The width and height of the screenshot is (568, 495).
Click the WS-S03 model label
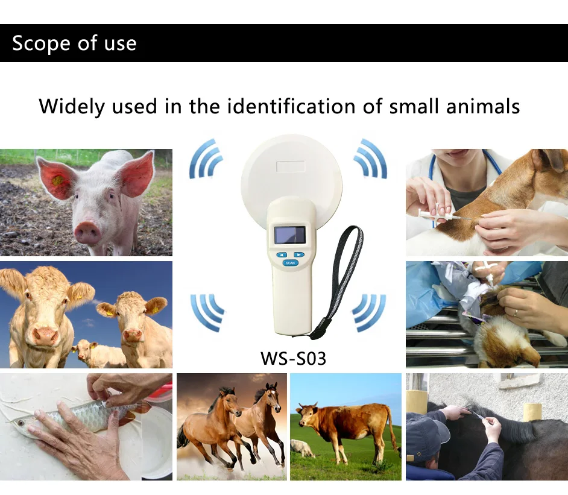[293, 358]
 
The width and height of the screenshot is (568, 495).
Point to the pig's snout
[87, 231]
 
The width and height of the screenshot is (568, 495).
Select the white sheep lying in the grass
[302, 447]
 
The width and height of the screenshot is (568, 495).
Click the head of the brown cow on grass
[308, 415]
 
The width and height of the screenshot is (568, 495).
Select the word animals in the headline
[482, 107]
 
